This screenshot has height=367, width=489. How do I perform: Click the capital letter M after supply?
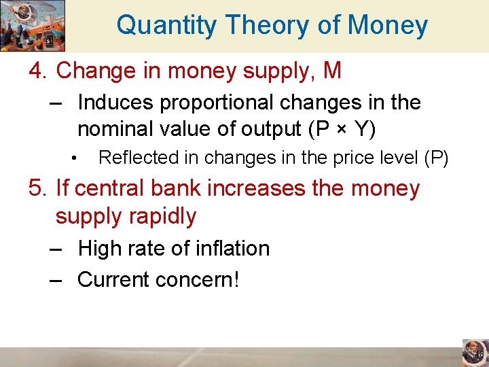(x=332, y=70)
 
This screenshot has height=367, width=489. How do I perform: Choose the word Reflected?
(x=133, y=158)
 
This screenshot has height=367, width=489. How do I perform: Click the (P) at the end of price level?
(x=436, y=158)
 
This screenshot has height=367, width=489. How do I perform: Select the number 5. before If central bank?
(x=39, y=188)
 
